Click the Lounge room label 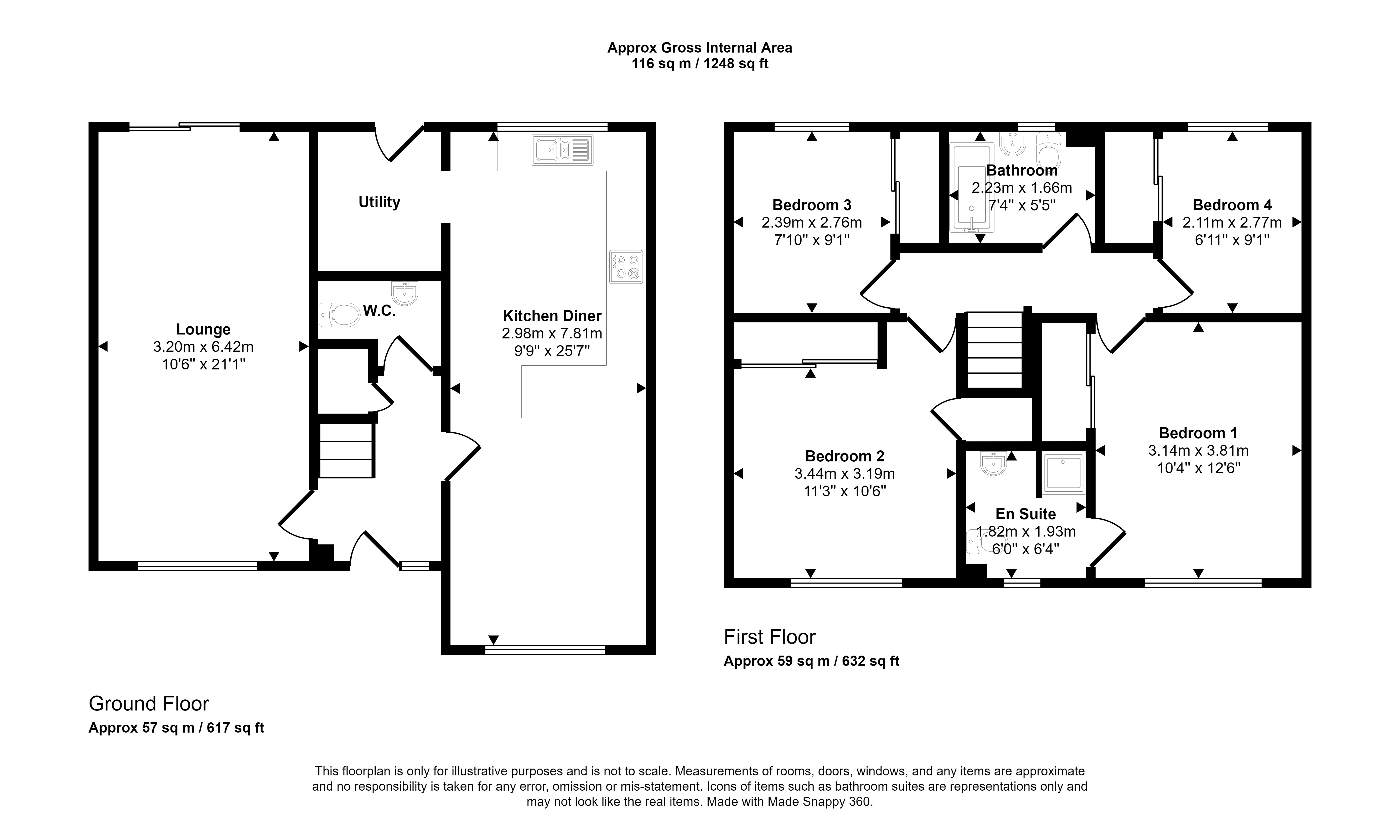click(x=203, y=329)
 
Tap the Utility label click(x=379, y=202)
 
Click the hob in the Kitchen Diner click(x=626, y=267)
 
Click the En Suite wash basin click(x=993, y=464)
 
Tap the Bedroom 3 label click(x=811, y=205)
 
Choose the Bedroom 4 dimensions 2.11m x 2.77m click(x=1232, y=222)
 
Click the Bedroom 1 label click(x=1198, y=433)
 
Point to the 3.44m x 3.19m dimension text click(x=844, y=474)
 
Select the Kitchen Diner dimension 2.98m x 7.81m click(x=552, y=333)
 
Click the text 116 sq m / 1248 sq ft click(x=700, y=64)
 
